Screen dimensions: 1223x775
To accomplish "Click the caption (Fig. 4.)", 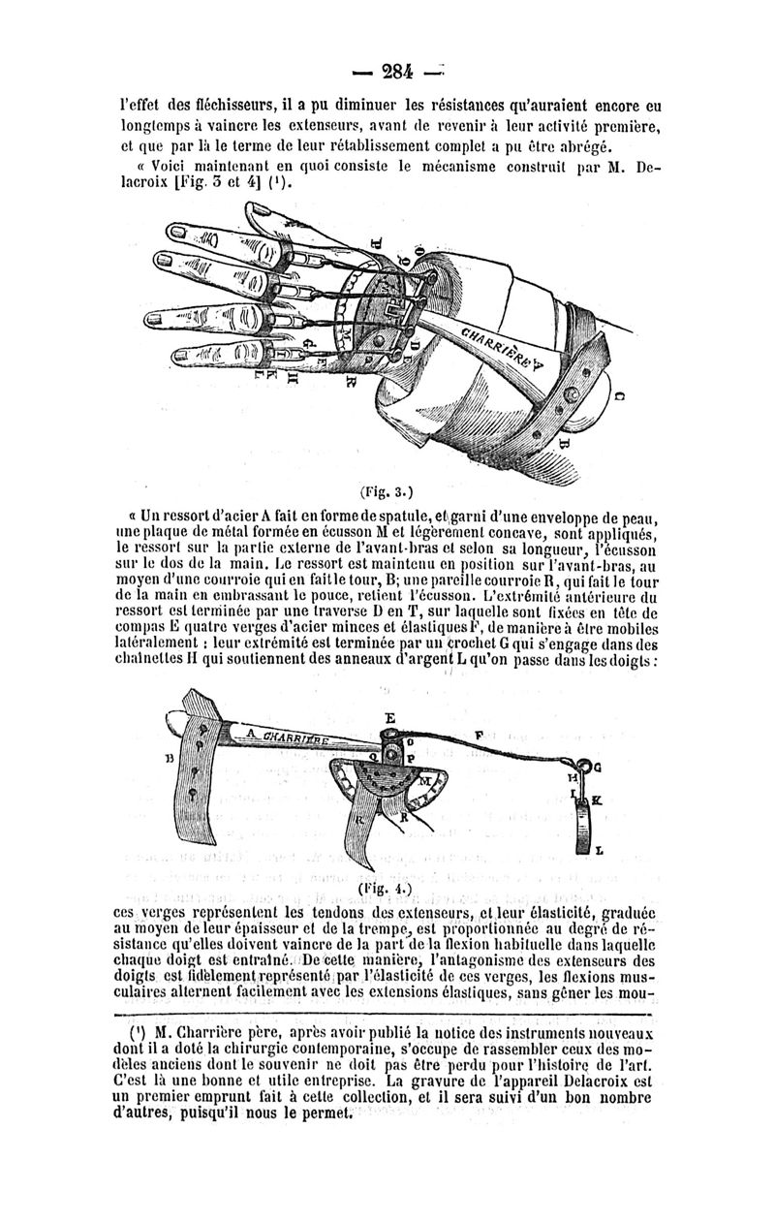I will point(386,888).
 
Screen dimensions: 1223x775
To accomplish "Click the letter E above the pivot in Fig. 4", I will point(390,718).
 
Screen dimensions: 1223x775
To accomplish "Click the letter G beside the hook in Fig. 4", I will point(597,768).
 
